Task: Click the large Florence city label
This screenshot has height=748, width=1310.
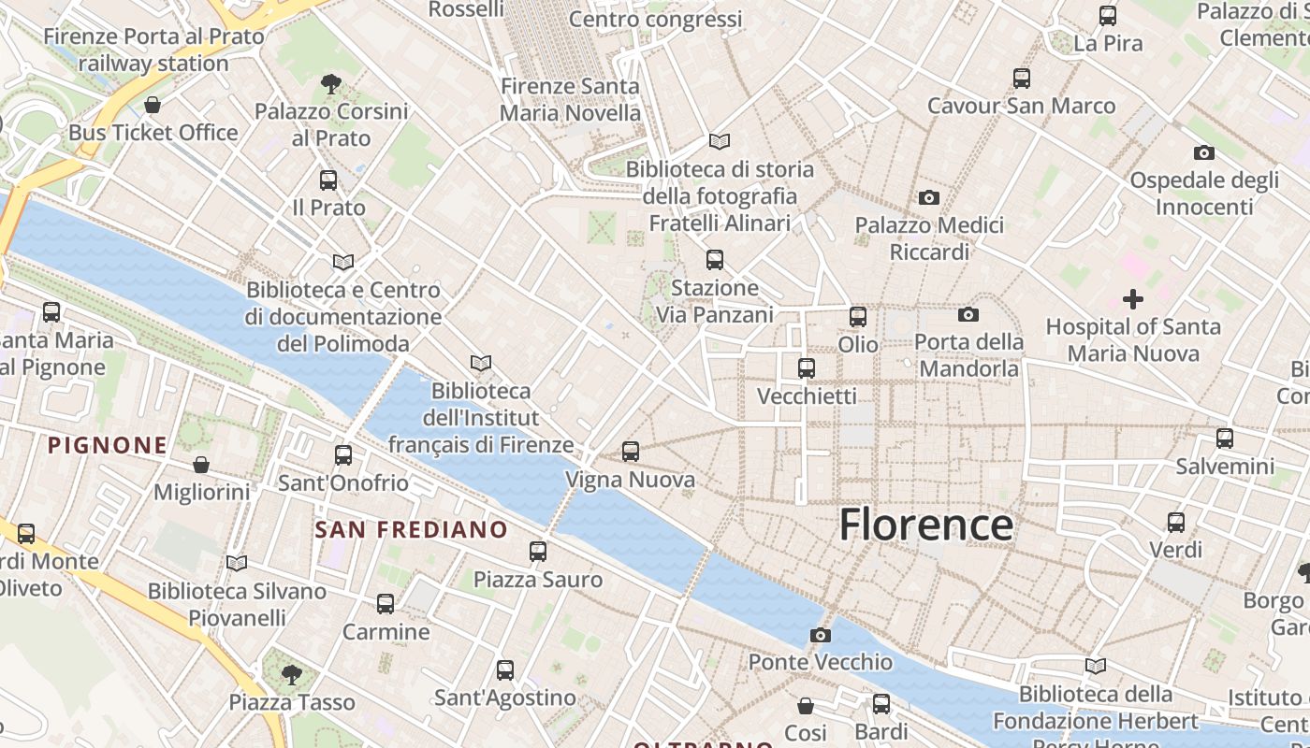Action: tap(925, 525)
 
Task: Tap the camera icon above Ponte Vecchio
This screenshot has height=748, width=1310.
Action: tap(820, 636)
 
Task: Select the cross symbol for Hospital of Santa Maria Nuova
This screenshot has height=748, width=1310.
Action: tap(1133, 299)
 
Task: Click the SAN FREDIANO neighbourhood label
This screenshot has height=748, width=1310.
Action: tap(412, 530)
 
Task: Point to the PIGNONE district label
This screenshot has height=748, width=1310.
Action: tap(108, 445)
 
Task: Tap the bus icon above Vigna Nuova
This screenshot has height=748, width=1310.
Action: tap(631, 452)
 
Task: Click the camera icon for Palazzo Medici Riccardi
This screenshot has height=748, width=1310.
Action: tap(929, 197)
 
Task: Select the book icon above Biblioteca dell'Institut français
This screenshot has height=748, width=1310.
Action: tap(481, 363)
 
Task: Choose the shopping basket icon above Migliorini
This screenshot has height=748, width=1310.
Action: tap(201, 465)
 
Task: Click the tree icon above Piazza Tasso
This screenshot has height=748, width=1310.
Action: tap(292, 673)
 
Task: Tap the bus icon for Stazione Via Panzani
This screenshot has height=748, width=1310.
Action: tap(715, 260)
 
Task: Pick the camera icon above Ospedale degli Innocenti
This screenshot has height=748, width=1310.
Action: tap(1204, 152)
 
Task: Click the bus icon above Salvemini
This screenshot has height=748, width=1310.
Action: tap(1225, 438)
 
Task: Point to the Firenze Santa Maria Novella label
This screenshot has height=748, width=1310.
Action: tap(571, 99)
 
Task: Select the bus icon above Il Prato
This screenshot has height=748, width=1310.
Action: tap(328, 180)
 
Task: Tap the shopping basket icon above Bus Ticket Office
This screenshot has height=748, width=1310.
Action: tap(153, 104)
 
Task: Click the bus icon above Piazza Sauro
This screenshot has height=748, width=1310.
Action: tap(538, 552)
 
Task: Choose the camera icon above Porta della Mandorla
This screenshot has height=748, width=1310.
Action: tap(968, 315)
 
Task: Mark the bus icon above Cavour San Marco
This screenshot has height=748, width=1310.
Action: tap(1022, 79)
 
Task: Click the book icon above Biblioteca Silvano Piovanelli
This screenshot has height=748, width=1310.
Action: tap(237, 563)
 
